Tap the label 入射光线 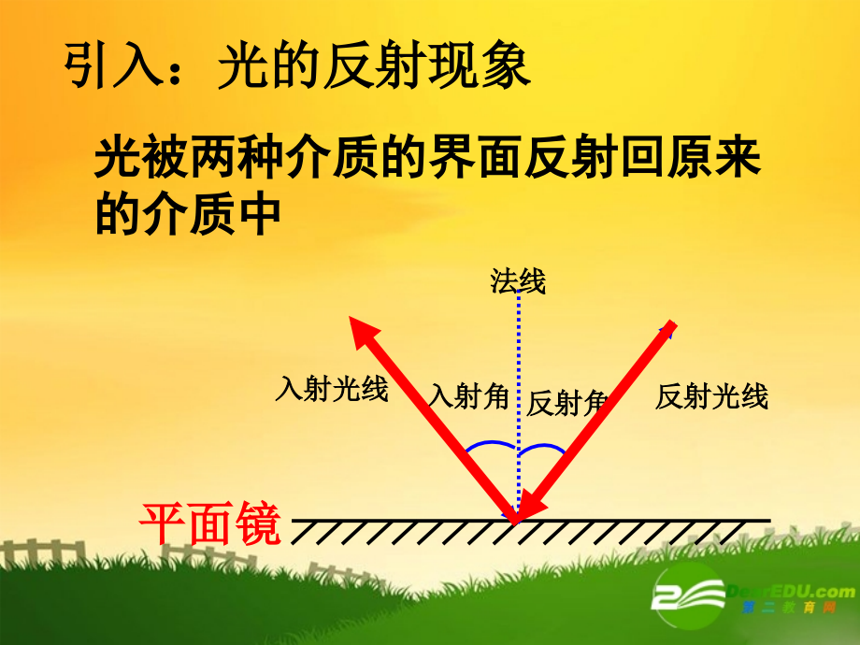click(331, 389)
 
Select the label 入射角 click(468, 396)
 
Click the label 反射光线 click(711, 396)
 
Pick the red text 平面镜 click(210, 523)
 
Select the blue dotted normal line click(517, 374)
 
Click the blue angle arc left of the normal click(489, 446)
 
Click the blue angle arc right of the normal click(544, 448)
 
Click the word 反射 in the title click(369, 67)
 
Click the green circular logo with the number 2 click(690, 596)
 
